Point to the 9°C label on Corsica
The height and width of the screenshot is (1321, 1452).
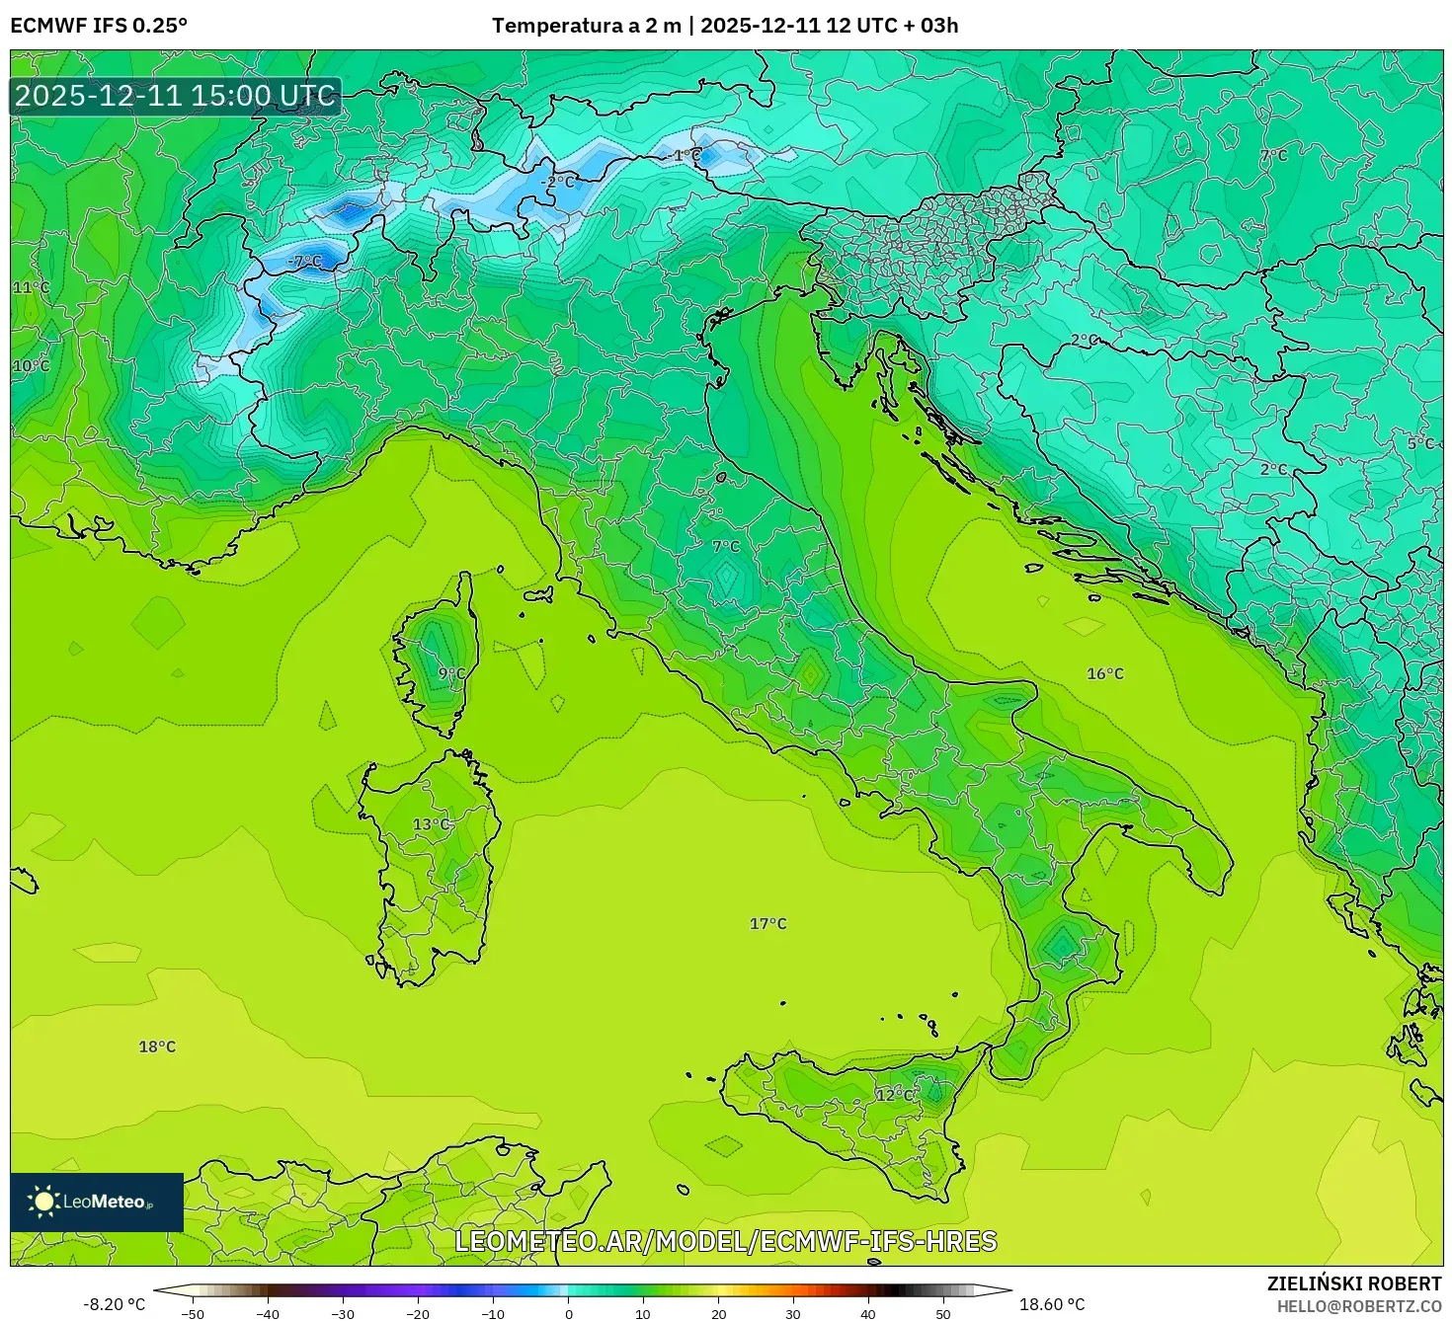(x=451, y=673)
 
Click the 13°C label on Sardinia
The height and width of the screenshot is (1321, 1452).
(x=431, y=824)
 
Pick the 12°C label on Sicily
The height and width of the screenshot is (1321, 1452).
(x=894, y=1095)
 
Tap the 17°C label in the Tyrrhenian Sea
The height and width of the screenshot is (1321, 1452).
(x=767, y=924)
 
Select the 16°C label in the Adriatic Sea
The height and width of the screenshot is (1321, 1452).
(x=1104, y=674)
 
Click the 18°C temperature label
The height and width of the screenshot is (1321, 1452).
(x=157, y=1047)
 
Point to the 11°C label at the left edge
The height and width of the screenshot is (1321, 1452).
(x=31, y=287)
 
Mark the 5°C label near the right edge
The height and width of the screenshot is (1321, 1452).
(x=1419, y=443)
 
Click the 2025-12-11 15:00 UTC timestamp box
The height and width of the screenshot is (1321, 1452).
(x=176, y=96)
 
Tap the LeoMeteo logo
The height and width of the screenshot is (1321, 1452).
(x=97, y=1202)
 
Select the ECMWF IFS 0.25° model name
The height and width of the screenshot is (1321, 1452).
(x=99, y=26)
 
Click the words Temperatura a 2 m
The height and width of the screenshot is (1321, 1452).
(x=586, y=26)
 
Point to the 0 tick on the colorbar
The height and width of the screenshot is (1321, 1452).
(x=568, y=1314)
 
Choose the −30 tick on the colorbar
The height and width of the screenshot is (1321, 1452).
(x=342, y=1314)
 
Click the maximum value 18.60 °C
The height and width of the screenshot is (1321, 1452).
(x=1051, y=1304)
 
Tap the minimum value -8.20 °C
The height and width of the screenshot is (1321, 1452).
(x=114, y=1304)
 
